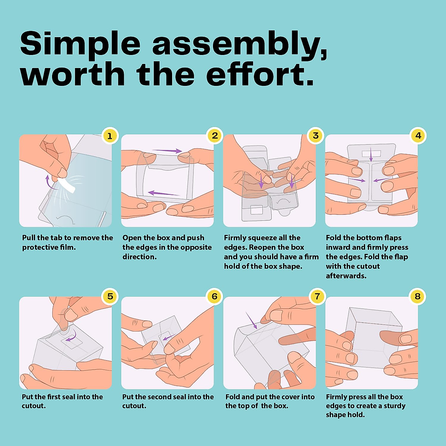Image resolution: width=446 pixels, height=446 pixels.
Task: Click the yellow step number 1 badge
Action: click(x=110, y=136)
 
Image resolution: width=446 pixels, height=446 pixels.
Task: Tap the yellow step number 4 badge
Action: click(x=418, y=136)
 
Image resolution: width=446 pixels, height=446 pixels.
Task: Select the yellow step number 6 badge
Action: click(x=214, y=297)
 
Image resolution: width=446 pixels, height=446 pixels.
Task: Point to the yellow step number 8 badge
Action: click(x=418, y=297)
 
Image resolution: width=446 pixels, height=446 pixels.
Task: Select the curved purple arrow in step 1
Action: click(x=50, y=182)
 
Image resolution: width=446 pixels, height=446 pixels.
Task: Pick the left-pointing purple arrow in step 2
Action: click(x=164, y=193)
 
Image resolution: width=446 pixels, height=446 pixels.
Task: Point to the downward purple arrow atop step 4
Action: click(x=371, y=154)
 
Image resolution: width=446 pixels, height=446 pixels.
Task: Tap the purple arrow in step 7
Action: click(x=252, y=320)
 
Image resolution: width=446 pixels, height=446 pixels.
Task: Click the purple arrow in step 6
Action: click(x=169, y=337)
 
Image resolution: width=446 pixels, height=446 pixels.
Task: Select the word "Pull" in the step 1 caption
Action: click(x=29, y=238)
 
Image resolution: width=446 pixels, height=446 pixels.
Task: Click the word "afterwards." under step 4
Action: click(x=346, y=276)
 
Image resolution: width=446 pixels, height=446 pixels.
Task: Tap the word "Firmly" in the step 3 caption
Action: click(x=234, y=238)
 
